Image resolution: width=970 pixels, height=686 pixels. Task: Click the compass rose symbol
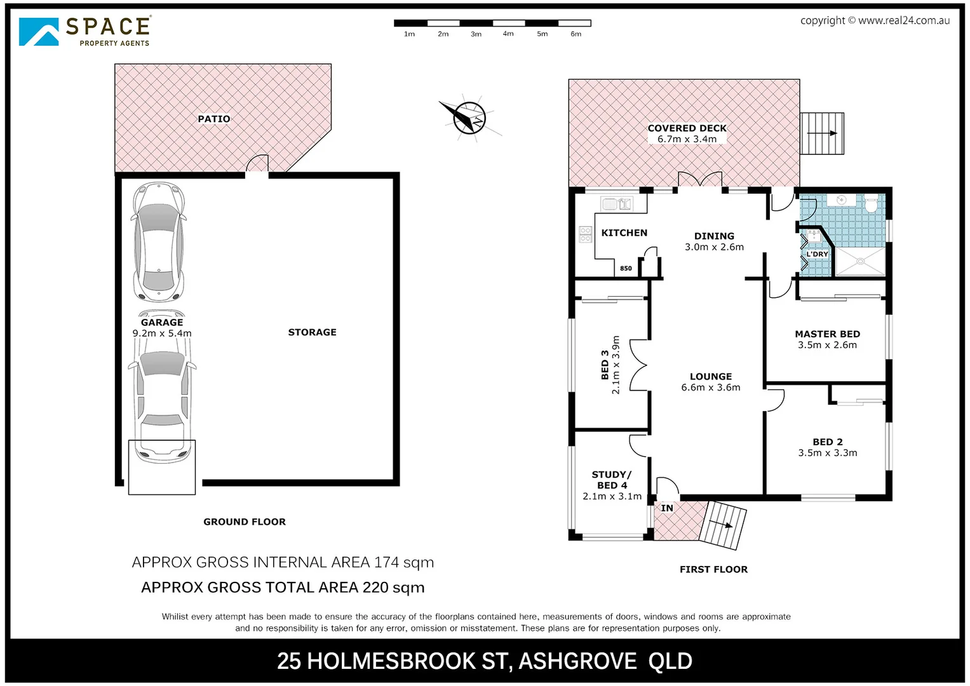click(469, 118)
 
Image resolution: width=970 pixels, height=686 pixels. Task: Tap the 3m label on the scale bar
click(476, 34)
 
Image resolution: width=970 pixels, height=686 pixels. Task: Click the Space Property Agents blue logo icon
click(39, 31)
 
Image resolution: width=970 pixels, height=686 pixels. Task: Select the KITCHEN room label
click(624, 233)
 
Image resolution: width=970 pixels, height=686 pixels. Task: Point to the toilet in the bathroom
click(871, 203)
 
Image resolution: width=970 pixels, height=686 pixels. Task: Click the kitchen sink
click(616, 204)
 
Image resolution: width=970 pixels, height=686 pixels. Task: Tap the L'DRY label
click(817, 254)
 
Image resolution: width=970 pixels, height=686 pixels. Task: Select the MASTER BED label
click(827, 334)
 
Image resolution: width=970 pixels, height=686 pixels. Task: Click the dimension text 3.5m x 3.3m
click(827, 453)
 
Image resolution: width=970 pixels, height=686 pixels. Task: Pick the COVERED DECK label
click(687, 128)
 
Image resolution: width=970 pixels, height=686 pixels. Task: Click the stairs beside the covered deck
click(822, 133)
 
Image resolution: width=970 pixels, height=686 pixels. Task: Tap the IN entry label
click(666, 508)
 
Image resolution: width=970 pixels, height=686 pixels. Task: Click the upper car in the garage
click(158, 241)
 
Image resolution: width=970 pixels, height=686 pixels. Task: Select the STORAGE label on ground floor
click(312, 332)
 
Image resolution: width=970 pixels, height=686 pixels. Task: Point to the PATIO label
click(213, 119)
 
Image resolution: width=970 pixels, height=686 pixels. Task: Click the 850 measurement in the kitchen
click(626, 269)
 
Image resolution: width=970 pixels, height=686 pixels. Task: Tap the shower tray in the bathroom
click(859, 260)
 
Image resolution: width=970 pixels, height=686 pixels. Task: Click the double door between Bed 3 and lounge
click(638, 365)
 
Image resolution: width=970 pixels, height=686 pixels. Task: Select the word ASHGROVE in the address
click(577, 661)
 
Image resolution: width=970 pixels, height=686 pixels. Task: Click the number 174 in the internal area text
click(386, 562)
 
